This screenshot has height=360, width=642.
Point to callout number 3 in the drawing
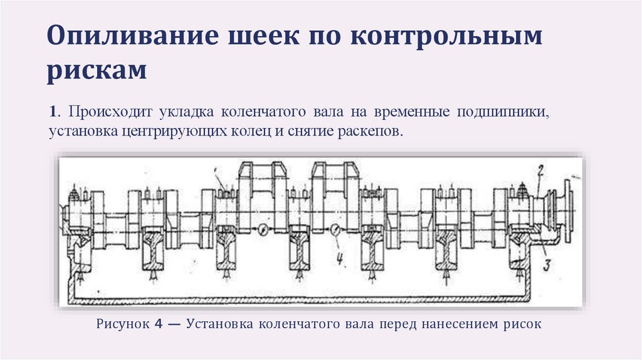point(547,265)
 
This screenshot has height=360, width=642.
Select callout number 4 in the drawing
point(342,258)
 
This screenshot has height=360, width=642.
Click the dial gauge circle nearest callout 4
point(336,230)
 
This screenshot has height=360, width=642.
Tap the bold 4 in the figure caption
point(159,325)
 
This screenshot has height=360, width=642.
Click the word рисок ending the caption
point(522,325)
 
